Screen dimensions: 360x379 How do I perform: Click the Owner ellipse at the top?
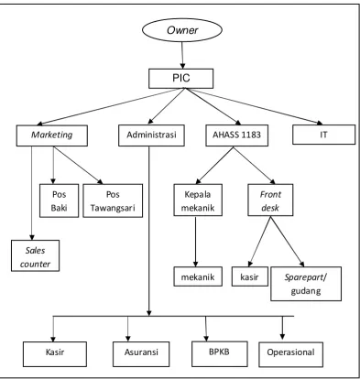click(182, 30)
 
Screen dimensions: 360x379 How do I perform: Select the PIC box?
click(181, 79)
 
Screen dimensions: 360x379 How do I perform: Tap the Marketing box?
click(52, 135)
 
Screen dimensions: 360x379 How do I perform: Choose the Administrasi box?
click(151, 135)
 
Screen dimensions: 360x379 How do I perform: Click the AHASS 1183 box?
click(237, 135)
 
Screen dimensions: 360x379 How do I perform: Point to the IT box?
click(323, 135)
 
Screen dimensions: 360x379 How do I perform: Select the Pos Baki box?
click(59, 200)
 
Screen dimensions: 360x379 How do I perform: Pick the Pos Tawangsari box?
click(113, 200)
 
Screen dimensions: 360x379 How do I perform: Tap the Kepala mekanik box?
click(198, 200)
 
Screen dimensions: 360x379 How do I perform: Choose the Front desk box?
click(270, 200)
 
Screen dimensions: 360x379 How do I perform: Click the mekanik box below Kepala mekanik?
click(198, 276)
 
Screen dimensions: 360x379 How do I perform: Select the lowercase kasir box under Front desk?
click(250, 276)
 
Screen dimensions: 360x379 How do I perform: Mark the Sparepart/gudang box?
click(306, 284)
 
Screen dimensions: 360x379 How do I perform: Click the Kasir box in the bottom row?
click(55, 354)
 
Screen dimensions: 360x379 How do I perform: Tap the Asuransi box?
click(141, 354)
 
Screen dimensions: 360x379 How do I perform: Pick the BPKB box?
click(220, 353)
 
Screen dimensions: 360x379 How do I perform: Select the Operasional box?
click(290, 354)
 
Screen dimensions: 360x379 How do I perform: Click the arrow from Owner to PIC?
click(182, 55)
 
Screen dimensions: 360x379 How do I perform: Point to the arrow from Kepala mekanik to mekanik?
click(195, 242)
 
